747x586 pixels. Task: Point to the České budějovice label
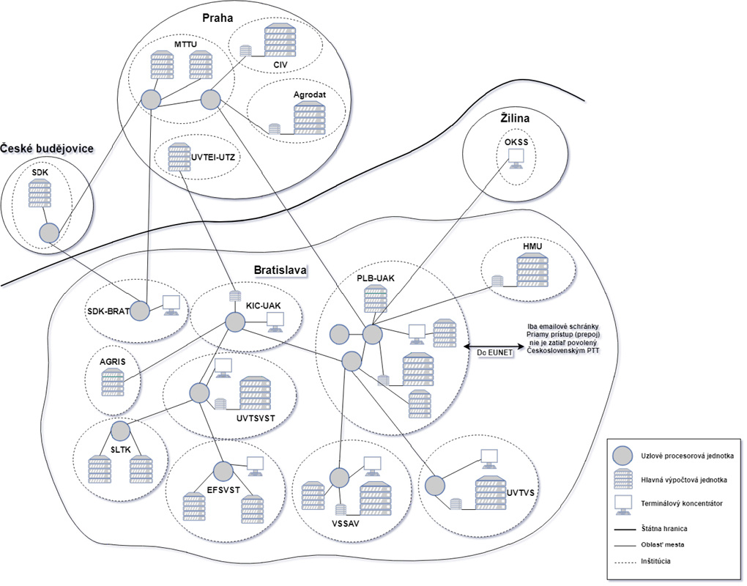[47, 149]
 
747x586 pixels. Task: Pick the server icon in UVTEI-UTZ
[177, 157]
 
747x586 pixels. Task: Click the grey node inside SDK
[48, 234]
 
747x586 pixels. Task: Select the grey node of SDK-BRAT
[139, 311]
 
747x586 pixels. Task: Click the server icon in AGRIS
[113, 381]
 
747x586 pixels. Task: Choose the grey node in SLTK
[120, 430]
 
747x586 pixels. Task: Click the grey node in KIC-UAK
[234, 322]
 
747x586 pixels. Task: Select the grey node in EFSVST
[223, 470]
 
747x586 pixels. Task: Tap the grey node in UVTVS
[435, 485]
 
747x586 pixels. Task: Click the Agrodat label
[310, 95]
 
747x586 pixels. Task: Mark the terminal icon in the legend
[623, 504]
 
